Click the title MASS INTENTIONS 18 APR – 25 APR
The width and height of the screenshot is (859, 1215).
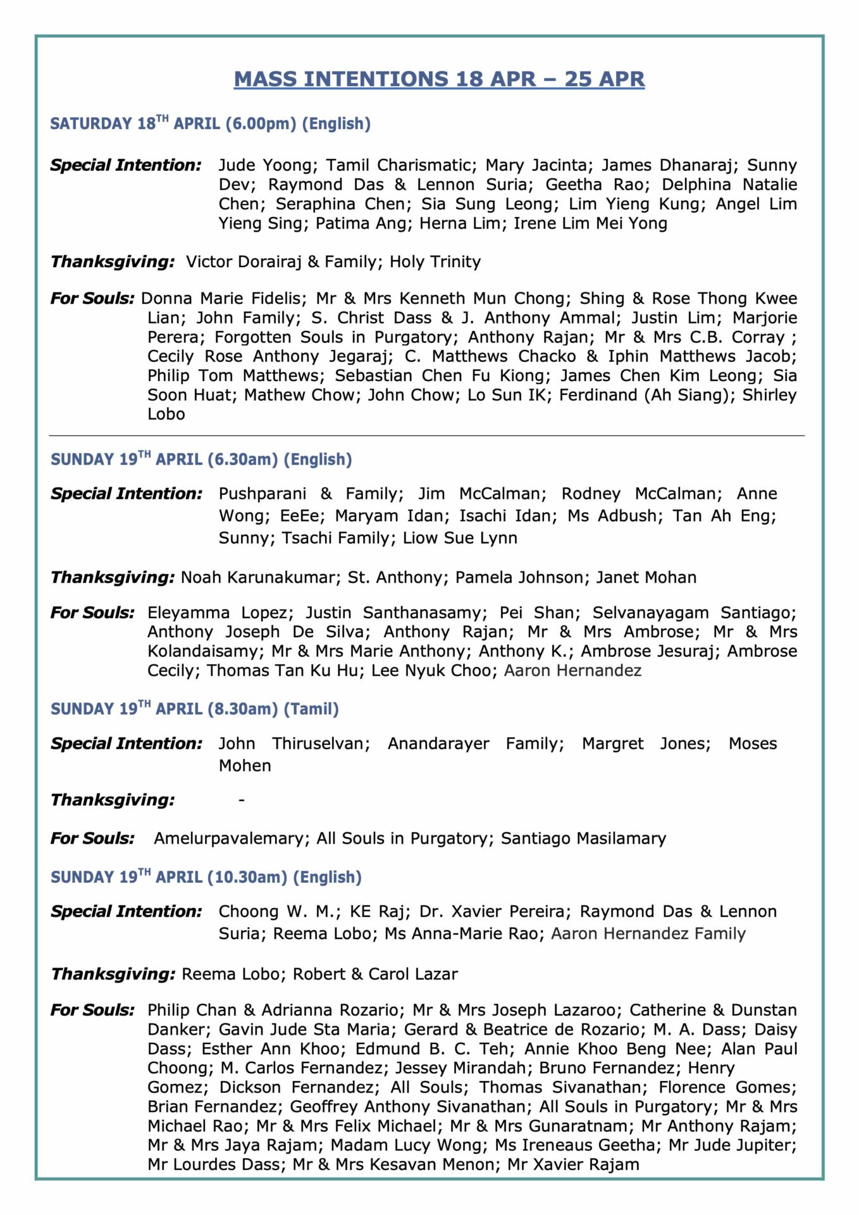pyautogui.click(x=439, y=79)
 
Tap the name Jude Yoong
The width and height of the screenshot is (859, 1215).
pyautogui.click(x=265, y=165)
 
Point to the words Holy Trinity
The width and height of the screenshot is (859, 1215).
pyautogui.click(x=435, y=262)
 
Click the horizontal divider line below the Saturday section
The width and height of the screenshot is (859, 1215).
pyautogui.click(x=426, y=436)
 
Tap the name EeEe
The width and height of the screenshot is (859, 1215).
pyautogui.click(x=301, y=516)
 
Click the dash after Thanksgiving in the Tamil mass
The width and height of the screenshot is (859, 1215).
pyautogui.click(x=242, y=801)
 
